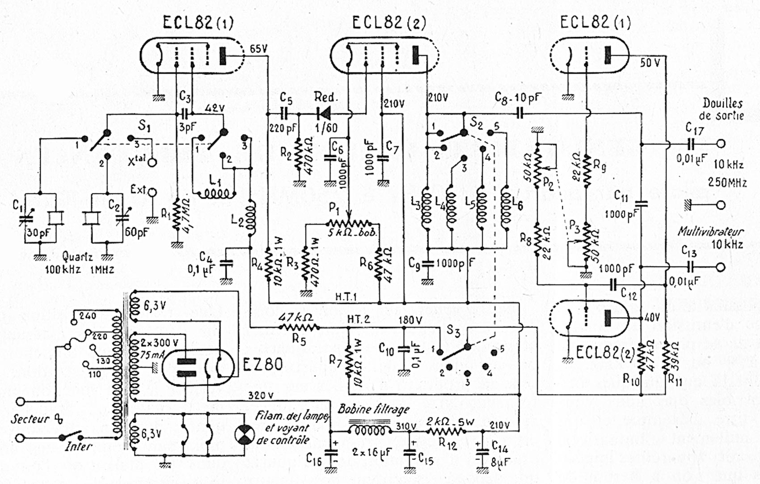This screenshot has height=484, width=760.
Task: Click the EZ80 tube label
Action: (x=263, y=365)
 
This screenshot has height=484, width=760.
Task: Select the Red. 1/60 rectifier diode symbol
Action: (x=323, y=113)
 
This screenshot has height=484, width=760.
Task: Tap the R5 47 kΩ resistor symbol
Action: (x=299, y=328)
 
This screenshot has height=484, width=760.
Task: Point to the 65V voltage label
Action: (x=258, y=49)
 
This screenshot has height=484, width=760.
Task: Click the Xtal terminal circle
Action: (x=152, y=162)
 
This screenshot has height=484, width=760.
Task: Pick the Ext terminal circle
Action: (x=152, y=193)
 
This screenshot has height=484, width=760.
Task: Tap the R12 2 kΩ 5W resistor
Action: (x=446, y=431)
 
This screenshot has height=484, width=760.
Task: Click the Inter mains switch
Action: (x=72, y=436)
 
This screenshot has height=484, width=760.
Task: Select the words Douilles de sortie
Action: (x=722, y=109)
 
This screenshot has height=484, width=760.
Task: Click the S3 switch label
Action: (x=453, y=331)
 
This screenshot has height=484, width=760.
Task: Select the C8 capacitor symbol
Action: (x=519, y=113)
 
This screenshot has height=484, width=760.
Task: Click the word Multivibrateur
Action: (x=710, y=232)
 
